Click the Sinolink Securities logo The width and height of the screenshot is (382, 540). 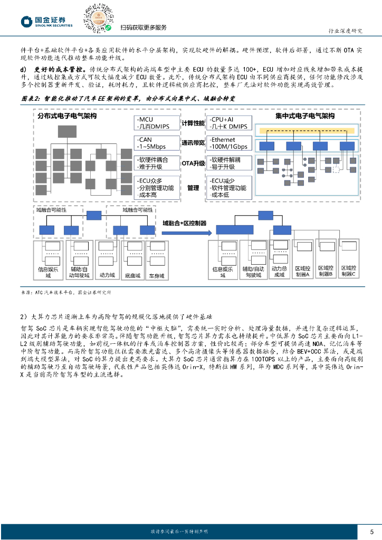tap(46, 21)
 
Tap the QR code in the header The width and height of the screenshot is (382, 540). tap(97, 17)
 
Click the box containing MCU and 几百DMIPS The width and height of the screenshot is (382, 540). tap(156, 123)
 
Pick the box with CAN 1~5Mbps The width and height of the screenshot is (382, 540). tap(156, 142)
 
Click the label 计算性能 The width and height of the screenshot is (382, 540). tap(193, 123)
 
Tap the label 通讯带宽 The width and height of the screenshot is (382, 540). tap(193, 142)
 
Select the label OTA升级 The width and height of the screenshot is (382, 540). tap(193, 163)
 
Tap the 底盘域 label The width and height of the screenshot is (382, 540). tap(132, 275)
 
